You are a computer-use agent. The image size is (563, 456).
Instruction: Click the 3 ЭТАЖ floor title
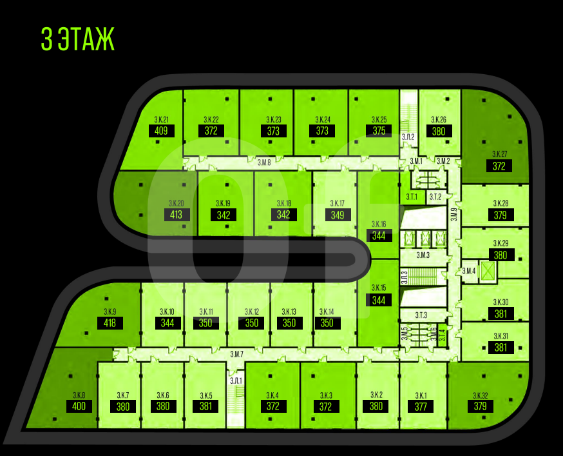click(x=77, y=39)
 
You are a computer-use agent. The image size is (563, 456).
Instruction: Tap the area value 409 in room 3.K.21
click(x=162, y=131)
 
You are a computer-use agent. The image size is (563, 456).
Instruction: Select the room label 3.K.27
click(x=500, y=154)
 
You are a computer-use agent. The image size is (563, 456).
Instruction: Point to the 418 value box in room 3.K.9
click(x=110, y=323)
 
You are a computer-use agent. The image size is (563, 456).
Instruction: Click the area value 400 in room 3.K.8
click(x=79, y=406)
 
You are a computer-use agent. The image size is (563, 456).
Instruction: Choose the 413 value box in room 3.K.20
click(x=177, y=215)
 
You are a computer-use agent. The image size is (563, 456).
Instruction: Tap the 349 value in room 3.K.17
click(x=338, y=215)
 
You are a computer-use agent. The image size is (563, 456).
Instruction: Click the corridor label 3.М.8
click(x=264, y=163)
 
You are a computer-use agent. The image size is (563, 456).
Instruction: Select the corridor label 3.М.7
click(x=236, y=354)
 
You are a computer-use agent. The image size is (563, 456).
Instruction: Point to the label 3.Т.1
click(x=412, y=197)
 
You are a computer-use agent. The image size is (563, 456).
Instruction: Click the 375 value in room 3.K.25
click(x=379, y=131)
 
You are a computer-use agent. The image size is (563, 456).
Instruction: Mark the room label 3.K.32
click(x=480, y=395)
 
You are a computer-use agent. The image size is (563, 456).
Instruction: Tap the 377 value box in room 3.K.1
click(x=421, y=406)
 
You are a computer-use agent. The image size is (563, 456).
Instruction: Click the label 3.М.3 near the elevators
click(x=423, y=256)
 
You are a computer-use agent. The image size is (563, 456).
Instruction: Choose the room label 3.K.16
click(x=379, y=224)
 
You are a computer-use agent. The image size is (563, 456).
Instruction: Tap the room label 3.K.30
click(x=501, y=302)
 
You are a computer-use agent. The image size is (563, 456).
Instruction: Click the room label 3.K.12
click(x=251, y=312)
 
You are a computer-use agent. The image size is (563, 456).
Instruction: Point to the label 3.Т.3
click(x=421, y=315)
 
